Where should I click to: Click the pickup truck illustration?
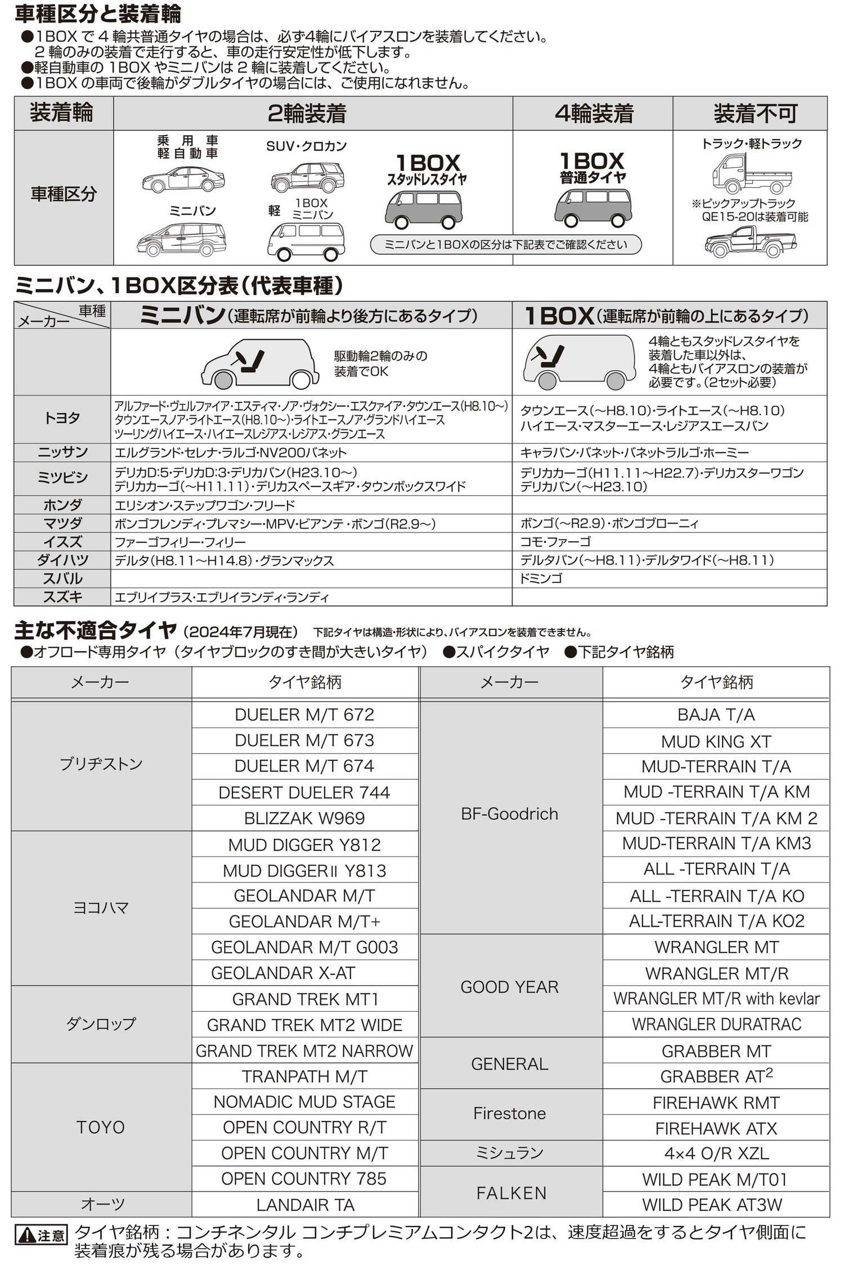click(x=751, y=242)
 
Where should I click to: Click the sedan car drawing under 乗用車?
click(x=183, y=179)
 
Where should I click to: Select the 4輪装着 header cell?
click(x=593, y=113)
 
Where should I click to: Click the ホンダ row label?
click(x=62, y=505)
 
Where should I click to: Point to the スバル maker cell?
click(x=62, y=578)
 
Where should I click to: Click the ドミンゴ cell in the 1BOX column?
click(x=541, y=578)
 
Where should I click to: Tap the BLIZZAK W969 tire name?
click(x=304, y=818)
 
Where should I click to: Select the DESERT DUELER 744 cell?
click(x=304, y=792)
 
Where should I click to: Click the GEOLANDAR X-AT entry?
click(x=282, y=973)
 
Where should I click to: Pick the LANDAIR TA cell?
click(x=305, y=1205)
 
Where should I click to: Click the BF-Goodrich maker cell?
click(x=510, y=814)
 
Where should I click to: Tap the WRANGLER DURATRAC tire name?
click(x=716, y=1024)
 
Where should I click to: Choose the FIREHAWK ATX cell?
click(x=716, y=1128)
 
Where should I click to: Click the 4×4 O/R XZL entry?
click(x=716, y=1153)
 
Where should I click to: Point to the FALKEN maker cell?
click(x=511, y=1193)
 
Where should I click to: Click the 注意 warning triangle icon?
click(x=26, y=1236)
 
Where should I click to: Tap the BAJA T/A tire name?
click(x=716, y=715)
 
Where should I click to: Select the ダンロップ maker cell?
click(x=101, y=1024)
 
